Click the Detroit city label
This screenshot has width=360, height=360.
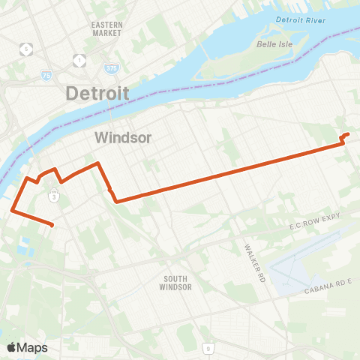(x=97, y=94)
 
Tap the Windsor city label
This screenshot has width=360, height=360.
(x=124, y=137)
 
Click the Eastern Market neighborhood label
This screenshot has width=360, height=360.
(x=106, y=28)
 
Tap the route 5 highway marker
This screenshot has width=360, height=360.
(x=28, y=49)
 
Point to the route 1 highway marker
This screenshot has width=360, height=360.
(x=79, y=58)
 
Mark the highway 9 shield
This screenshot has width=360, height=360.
(x=207, y=348)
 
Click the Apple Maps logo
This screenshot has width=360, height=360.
(x=27, y=347)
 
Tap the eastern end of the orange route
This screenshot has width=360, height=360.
(x=348, y=134)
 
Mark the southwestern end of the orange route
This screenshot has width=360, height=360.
(x=52, y=224)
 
